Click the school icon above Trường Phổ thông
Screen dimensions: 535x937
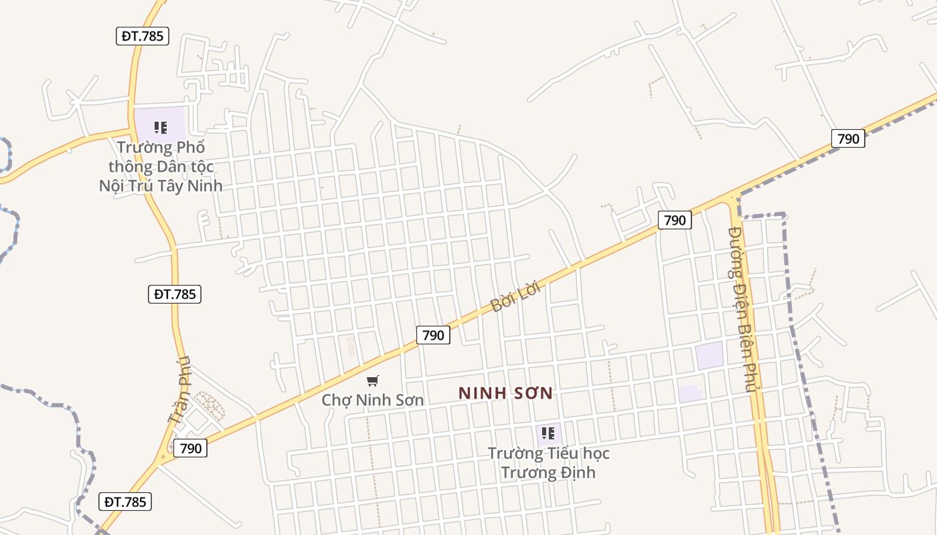pyautogui.click(x=161, y=127)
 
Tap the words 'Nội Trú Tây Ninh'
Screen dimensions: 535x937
pyautogui.click(x=161, y=185)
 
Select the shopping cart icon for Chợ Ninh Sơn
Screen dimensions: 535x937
pyautogui.click(x=373, y=381)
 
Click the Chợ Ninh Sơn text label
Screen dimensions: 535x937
pyautogui.click(x=373, y=400)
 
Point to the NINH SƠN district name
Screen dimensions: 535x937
pyautogui.click(x=506, y=393)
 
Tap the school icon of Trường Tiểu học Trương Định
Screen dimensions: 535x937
pyautogui.click(x=548, y=433)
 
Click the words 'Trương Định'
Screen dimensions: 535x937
pyautogui.click(x=548, y=472)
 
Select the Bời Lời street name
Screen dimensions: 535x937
pyautogui.click(x=515, y=296)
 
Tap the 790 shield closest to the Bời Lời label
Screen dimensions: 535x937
pyautogui.click(x=433, y=335)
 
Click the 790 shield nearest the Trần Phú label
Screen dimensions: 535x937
pyautogui.click(x=191, y=448)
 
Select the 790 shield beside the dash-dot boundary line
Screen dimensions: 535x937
pyautogui.click(x=848, y=138)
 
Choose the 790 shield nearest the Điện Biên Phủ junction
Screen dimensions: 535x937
pyautogui.click(x=675, y=220)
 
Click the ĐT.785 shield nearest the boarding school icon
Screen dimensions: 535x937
pyautogui.click(x=142, y=36)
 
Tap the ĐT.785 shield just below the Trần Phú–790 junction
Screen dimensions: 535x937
pyautogui.click(x=125, y=502)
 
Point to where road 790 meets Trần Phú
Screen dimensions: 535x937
pyautogui.click(x=161, y=460)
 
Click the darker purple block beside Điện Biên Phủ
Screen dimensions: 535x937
pyautogui.click(x=709, y=355)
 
